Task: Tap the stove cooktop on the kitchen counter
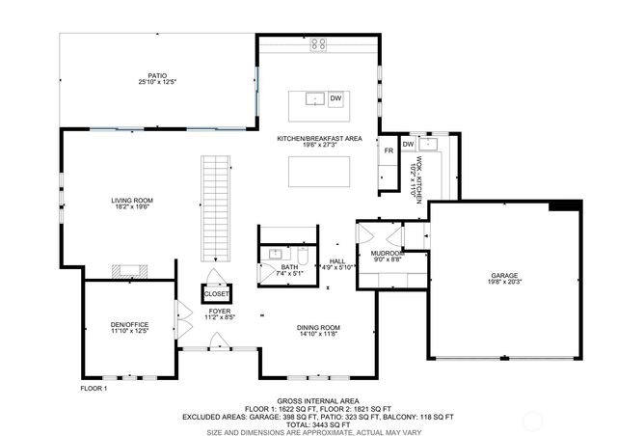(x=318, y=44)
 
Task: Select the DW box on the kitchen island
(x=336, y=98)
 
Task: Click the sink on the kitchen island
(x=313, y=98)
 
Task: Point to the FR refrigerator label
(x=389, y=151)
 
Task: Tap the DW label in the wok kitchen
(x=408, y=145)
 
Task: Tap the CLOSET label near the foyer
(x=217, y=293)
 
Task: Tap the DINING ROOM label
(x=318, y=327)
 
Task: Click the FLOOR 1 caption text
(x=94, y=388)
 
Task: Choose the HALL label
(x=336, y=259)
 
